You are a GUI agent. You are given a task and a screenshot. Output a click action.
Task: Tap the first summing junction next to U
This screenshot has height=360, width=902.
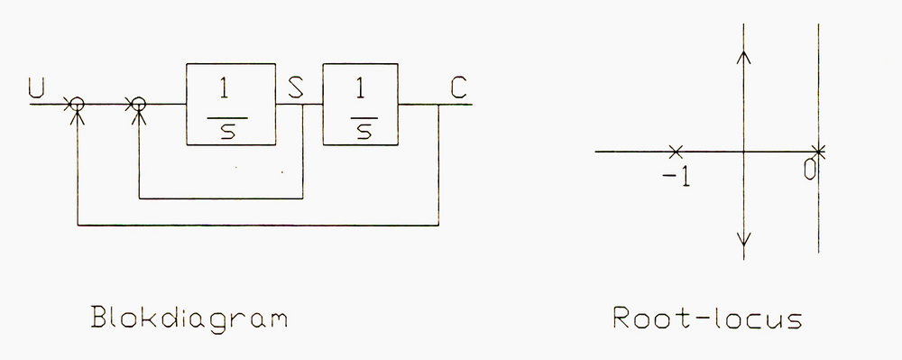click(x=78, y=105)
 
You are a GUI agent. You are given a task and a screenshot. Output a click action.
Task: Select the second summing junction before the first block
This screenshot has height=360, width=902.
click(x=138, y=105)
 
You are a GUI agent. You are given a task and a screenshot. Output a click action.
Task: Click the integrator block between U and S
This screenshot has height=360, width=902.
click(x=231, y=104)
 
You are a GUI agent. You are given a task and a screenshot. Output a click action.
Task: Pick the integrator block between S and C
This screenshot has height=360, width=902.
click(x=360, y=104)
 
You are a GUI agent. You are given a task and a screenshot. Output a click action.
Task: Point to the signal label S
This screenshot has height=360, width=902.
click(x=296, y=88)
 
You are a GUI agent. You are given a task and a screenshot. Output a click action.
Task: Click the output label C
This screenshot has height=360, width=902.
click(x=458, y=88)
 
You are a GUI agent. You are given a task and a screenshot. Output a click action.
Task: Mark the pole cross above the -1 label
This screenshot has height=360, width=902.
click(x=676, y=152)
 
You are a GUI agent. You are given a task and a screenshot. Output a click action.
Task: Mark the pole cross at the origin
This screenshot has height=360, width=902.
click(x=818, y=152)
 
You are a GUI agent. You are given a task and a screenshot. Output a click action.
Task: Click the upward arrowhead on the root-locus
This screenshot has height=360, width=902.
click(x=743, y=56)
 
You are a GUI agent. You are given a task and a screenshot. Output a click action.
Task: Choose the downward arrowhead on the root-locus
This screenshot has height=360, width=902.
click(x=743, y=241)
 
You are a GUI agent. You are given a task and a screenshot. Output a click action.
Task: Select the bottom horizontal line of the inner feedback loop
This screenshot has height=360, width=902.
click(x=220, y=198)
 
